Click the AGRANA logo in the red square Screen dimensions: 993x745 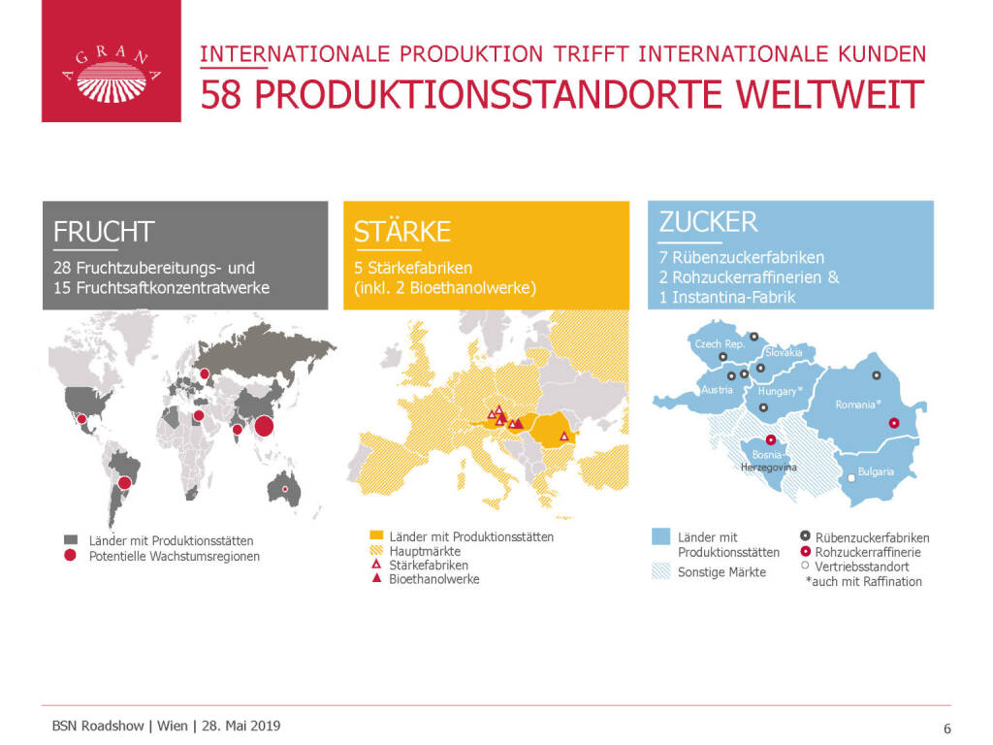click(x=112, y=75)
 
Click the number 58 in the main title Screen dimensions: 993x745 click(x=221, y=95)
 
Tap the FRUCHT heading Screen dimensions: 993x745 click(x=104, y=232)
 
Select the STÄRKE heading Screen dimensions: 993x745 click(x=402, y=231)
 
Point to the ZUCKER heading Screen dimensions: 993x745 click(x=708, y=222)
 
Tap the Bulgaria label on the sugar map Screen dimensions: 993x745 click(x=876, y=471)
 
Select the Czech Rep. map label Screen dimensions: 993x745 click(x=720, y=344)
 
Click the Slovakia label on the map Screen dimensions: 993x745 click(x=784, y=352)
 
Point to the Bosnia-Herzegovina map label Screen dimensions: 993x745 click(x=769, y=461)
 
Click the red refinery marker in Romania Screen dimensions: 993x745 click(x=893, y=423)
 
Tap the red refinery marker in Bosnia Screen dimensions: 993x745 click(x=771, y=439)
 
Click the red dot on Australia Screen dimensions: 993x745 click(x=285, y=489)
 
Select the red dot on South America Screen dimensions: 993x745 click(x=125, y=483)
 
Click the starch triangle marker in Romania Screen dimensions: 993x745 click(x=564, y=437)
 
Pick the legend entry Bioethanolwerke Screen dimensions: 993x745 click(x=434, y=579)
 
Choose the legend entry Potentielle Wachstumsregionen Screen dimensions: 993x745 click(x=175, y=556)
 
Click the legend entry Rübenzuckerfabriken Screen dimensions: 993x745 click(x=872, y=537)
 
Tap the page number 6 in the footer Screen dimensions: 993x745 click(x=947, y=729)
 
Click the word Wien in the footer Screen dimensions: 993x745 click(x=173, y=726)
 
